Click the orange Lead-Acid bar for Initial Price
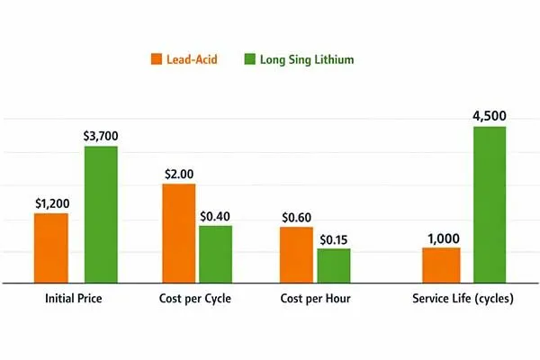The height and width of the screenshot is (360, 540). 51,247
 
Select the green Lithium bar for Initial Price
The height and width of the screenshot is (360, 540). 101,214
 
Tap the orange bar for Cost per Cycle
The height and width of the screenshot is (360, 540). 178,233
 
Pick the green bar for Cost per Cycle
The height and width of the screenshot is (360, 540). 215,254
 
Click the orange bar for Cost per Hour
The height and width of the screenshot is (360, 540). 296,255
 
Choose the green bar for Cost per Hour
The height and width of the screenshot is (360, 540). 333,265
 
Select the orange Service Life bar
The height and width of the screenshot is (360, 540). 441,265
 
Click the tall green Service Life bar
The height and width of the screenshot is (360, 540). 489,204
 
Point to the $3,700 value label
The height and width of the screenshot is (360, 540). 101,136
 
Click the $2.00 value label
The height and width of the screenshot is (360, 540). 178,174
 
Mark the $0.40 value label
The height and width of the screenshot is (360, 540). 215,215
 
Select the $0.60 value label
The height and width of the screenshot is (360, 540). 296,217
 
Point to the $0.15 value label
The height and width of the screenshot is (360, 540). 333,238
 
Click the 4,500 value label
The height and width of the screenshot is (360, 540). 489,115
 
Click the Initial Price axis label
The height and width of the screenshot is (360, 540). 75,299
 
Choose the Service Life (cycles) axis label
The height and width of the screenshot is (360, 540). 463,299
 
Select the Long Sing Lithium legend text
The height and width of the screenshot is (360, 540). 305,59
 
